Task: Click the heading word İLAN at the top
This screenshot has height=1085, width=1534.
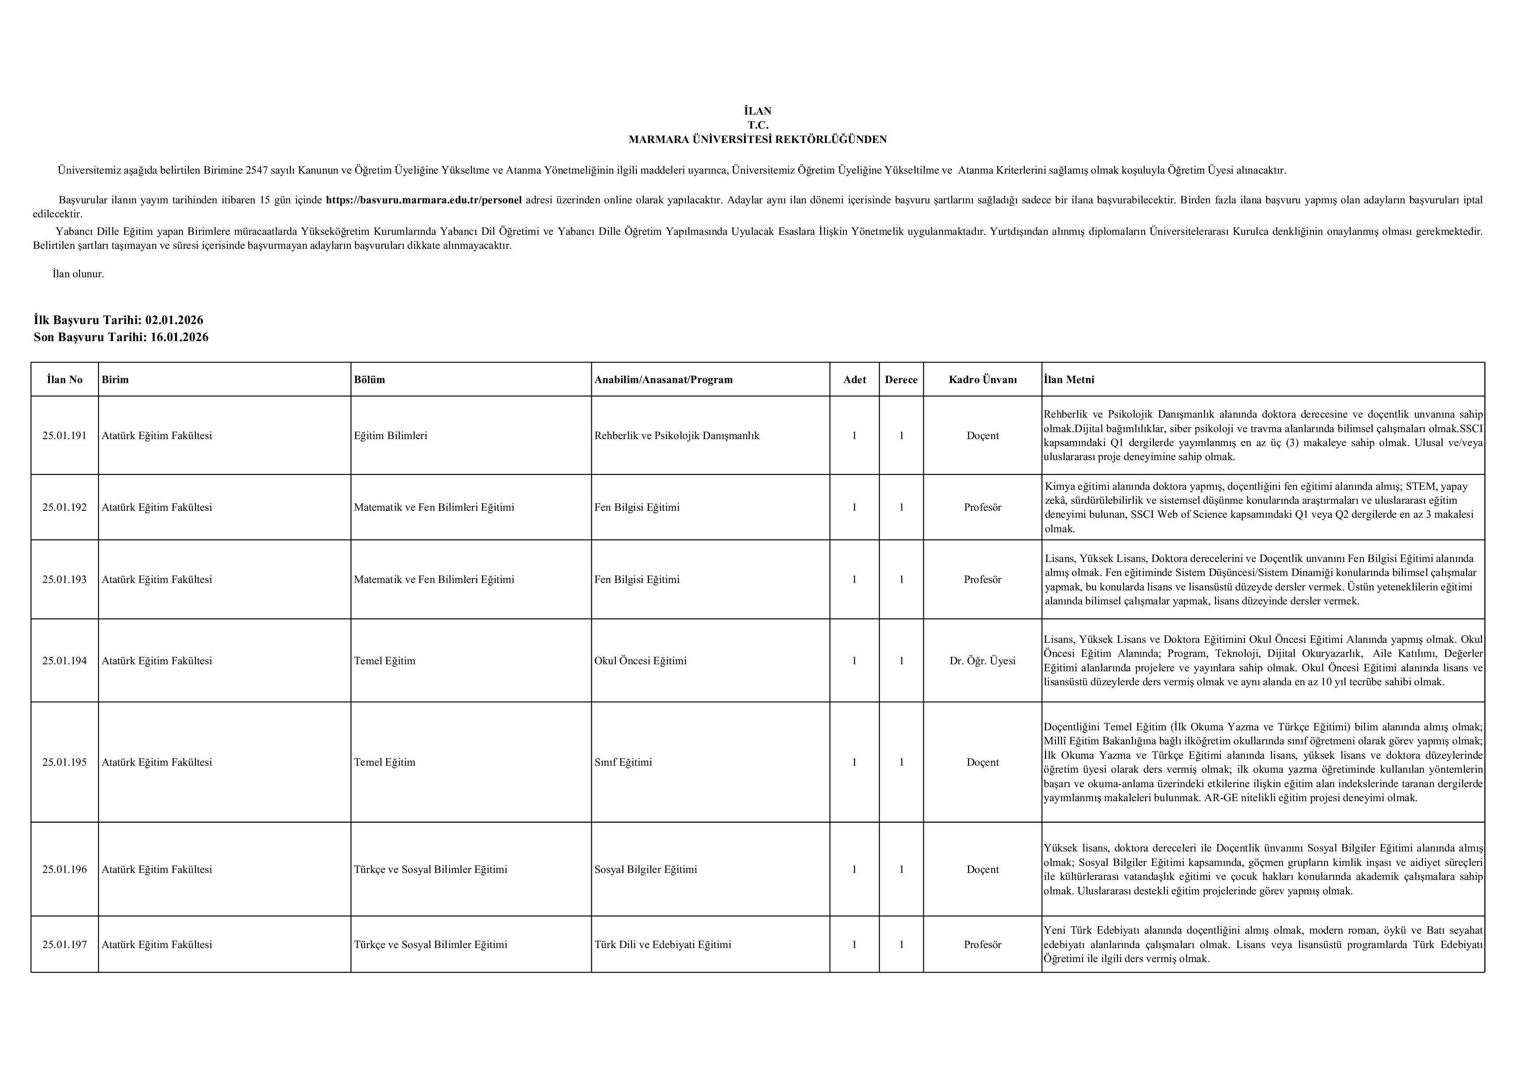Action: coord(758,111)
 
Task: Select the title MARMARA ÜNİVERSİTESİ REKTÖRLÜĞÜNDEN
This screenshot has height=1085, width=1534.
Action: coord(758,140)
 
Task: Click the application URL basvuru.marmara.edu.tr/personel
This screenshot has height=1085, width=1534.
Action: coord(423,200)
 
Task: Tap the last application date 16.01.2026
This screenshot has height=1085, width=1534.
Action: coord(179,337)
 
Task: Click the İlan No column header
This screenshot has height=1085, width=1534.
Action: coord(65,380)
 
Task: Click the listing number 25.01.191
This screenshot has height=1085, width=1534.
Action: coord(65,436)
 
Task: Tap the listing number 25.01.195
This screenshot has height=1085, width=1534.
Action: coord(65,762)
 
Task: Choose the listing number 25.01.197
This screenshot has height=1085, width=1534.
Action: coord(65,945)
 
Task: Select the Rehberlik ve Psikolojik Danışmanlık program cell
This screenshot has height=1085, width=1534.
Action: coord(676,436)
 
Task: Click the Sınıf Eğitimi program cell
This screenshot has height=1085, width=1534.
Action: coord(623,762)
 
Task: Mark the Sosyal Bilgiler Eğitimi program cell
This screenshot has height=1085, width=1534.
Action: coord(646,869)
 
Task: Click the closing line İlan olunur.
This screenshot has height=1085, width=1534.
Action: coord(78,274)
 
